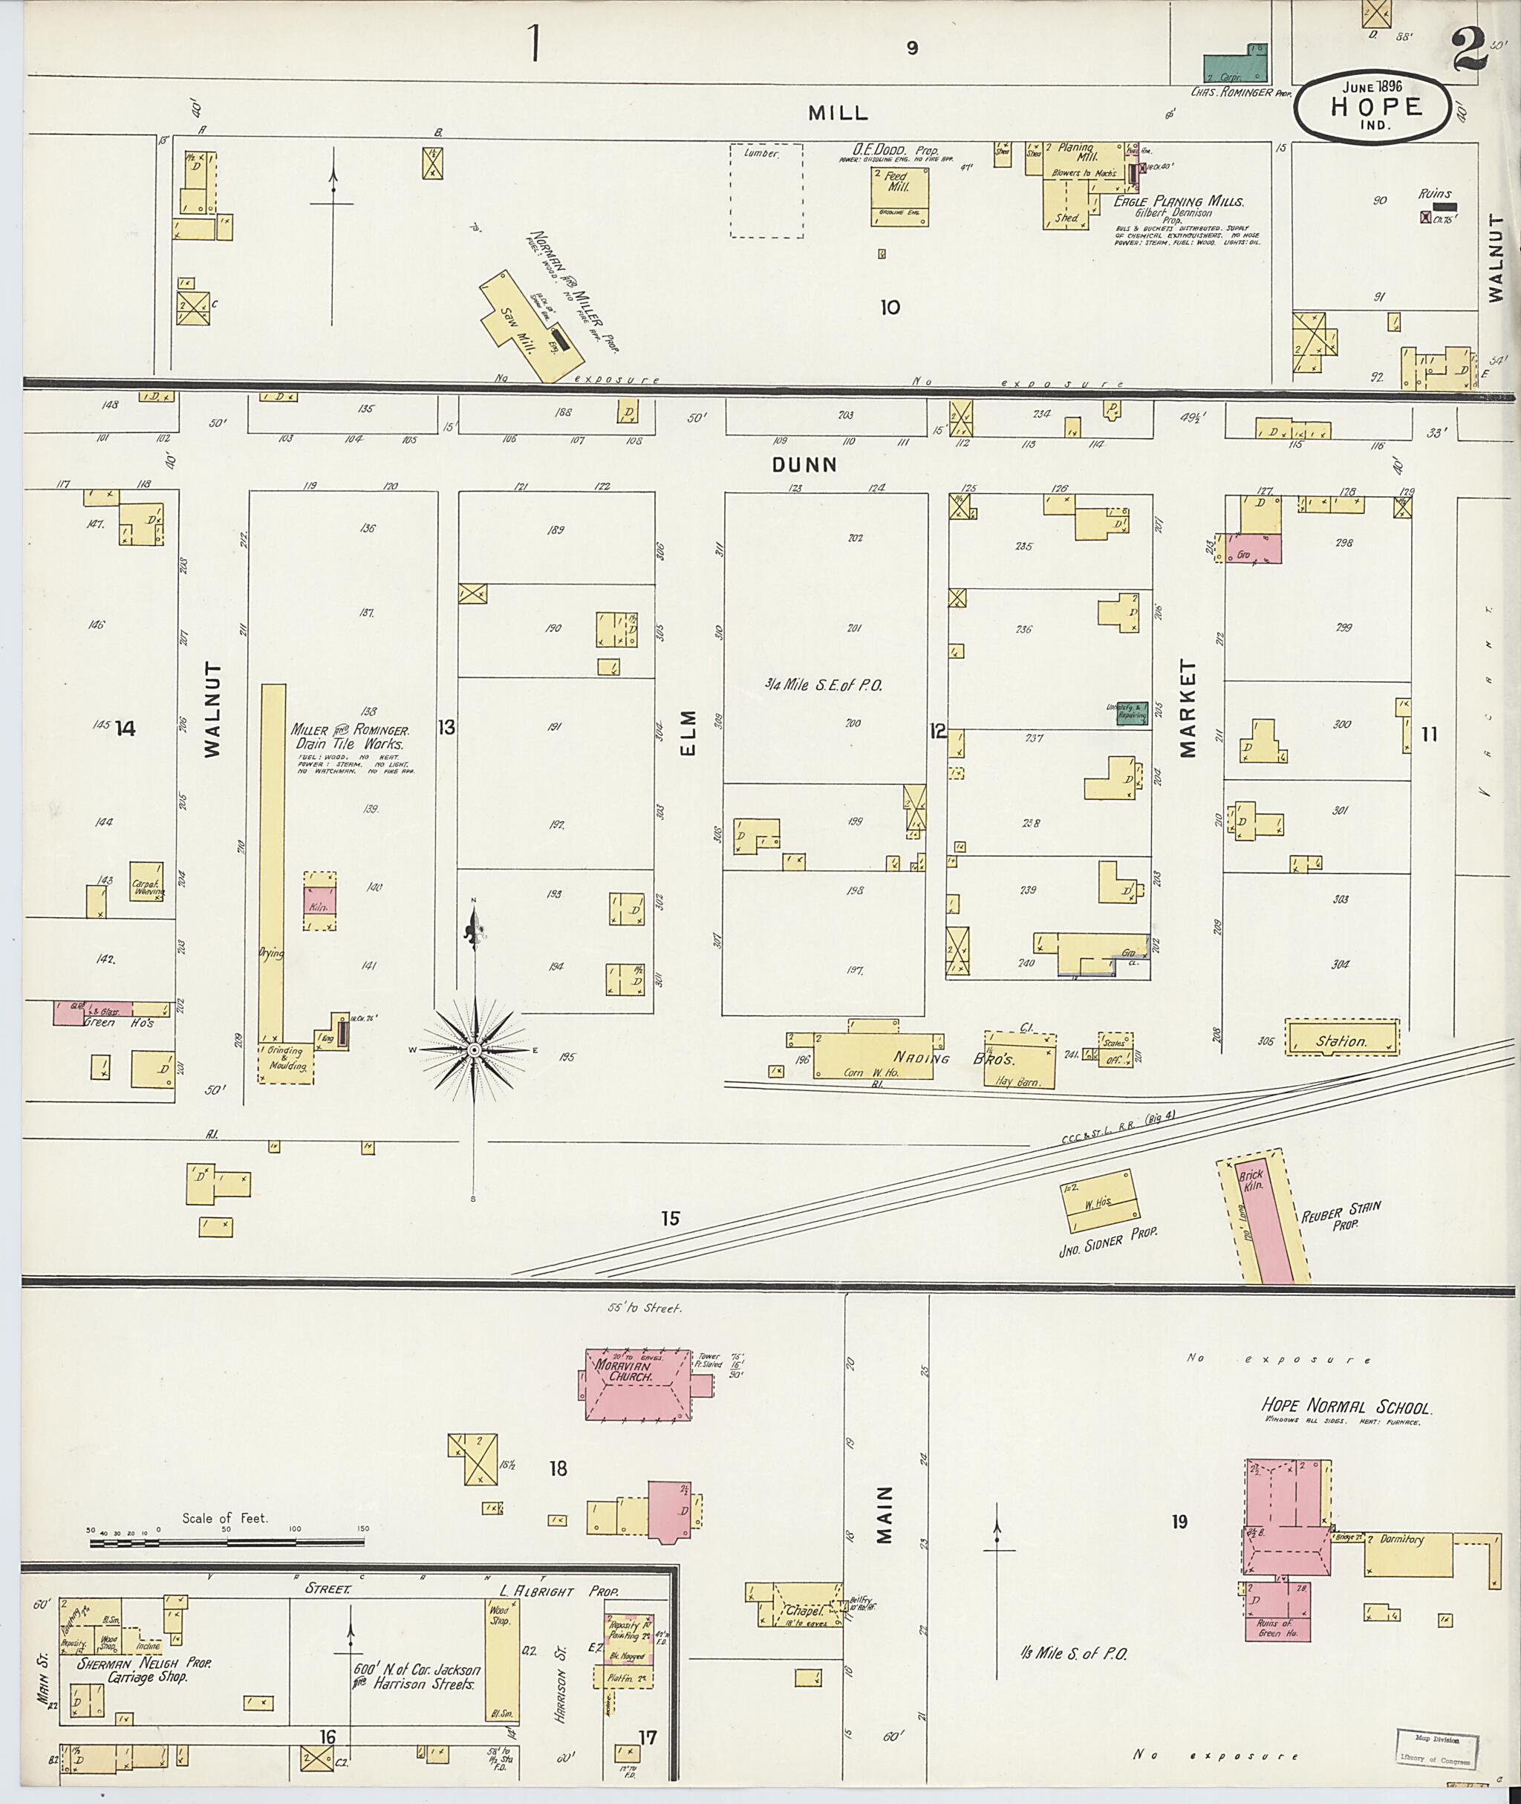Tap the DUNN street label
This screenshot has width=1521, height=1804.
tap(804, 465)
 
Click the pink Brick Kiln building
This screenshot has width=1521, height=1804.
tap(1264, 1217)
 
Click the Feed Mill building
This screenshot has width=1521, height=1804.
tap(899, 196)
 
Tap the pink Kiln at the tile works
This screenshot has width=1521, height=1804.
tap(319, 900)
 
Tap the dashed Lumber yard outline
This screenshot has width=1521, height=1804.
tap(766, 191)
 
